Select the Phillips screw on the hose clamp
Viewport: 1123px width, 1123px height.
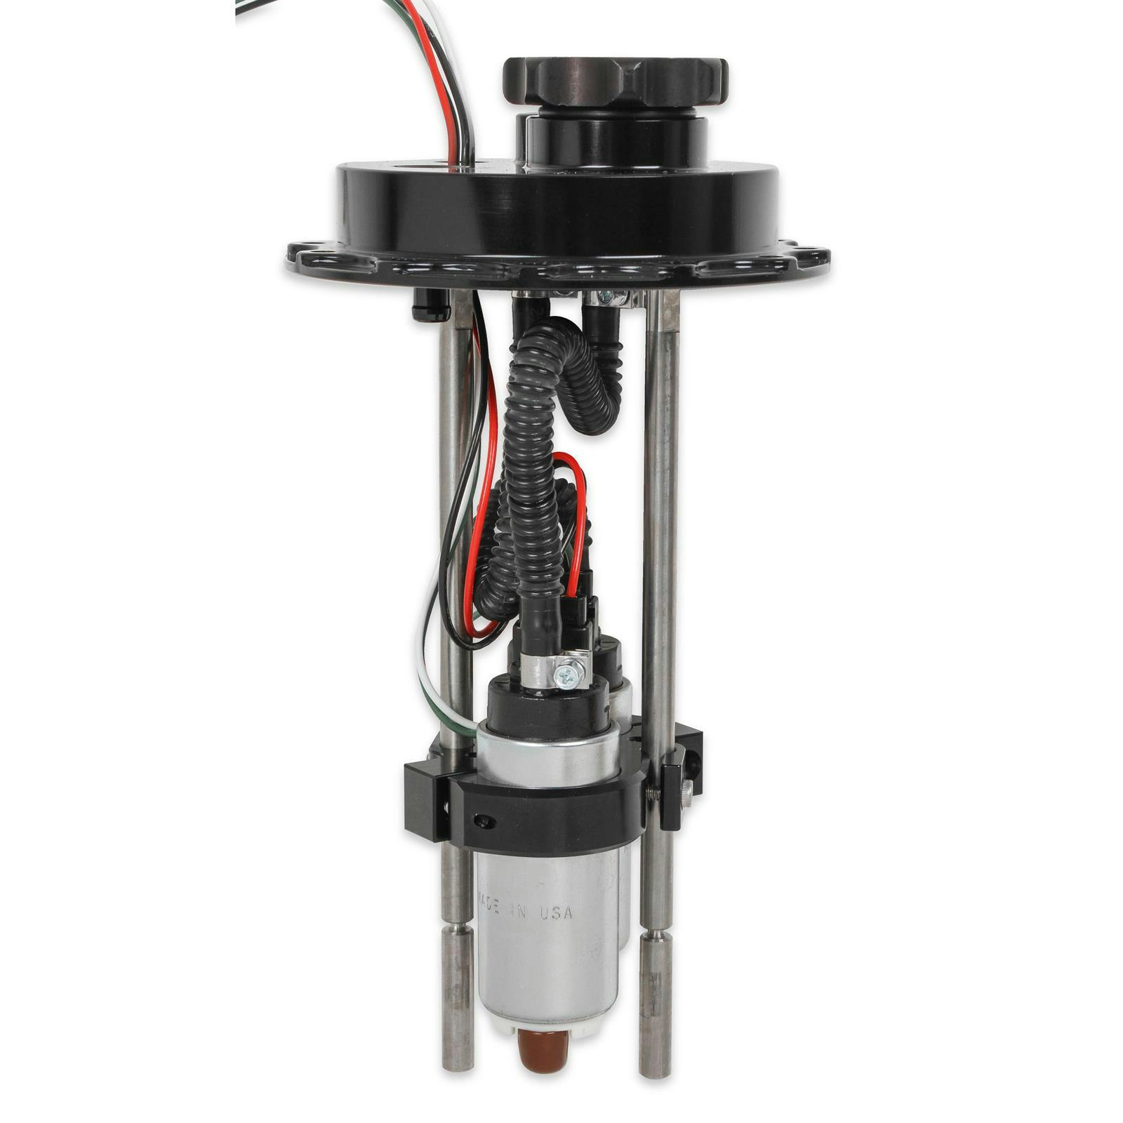tap(566, 677)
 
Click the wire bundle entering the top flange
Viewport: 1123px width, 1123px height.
tap(456, 119)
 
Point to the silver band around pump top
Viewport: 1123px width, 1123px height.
tap(547, 758)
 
